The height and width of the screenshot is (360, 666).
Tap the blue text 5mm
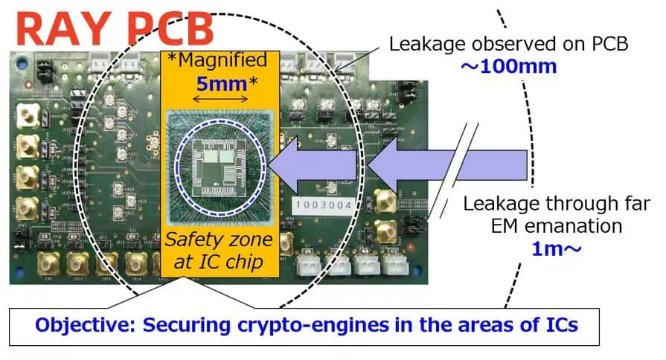click(x=220, y=82)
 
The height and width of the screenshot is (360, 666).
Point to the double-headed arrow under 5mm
click(x=220, y=99)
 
